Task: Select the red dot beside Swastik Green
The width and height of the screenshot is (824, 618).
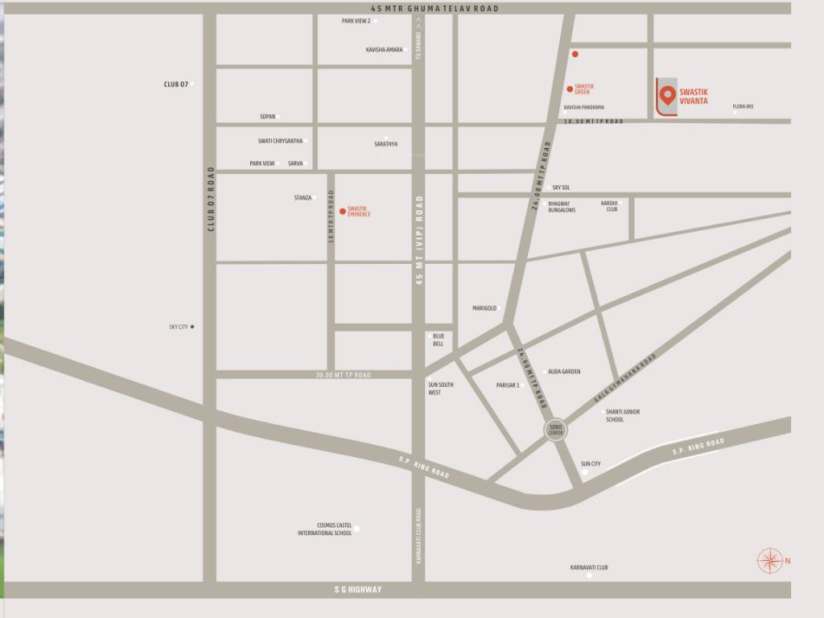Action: coord(570,89)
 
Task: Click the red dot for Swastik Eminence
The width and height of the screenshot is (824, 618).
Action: coord(343,212)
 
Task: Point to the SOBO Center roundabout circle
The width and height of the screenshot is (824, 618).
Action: coord(555,429)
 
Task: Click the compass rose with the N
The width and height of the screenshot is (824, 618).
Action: coord(770,560)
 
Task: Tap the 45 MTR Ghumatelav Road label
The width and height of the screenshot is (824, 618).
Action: coord(418,8)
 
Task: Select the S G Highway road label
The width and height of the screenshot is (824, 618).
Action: coord(358,590)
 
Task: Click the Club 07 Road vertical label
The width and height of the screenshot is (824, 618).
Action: coord(211,199)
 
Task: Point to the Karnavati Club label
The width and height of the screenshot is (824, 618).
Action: coord(588,567)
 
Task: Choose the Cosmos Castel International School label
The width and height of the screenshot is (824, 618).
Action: coord(325,529)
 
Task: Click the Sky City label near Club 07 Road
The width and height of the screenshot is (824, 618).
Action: coord(178,327)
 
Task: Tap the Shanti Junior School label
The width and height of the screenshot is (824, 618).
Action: coord(622,415)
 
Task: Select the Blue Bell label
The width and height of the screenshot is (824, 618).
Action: coord(439,340)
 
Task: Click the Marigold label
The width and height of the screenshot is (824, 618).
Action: coord(484,308)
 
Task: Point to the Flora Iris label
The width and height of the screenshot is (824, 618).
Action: coord(743,107)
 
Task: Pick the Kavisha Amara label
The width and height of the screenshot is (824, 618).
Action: coord(384,50)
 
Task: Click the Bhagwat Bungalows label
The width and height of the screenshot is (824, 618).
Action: coord(562,207)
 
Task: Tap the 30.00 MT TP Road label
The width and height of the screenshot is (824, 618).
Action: coord(343,375)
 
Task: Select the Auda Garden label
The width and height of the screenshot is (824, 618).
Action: coord(564,372)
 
